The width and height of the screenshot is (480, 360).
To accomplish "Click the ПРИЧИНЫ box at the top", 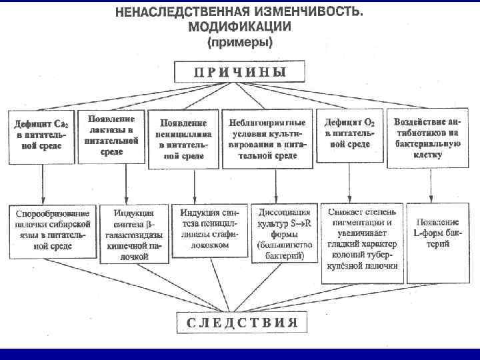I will pyautogui.click(x=240, y=71).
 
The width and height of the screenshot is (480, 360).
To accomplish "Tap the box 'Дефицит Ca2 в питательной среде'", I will pyautogui.click(x=40, y=135).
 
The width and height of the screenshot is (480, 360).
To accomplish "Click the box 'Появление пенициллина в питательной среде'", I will pyautogui.click(x=183, y=138).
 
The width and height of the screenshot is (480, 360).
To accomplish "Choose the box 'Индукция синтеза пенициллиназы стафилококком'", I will pyautogui.click(x=209, y=227).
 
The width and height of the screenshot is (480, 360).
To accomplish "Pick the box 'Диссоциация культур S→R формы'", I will pyautogui.click(x=281, y=231).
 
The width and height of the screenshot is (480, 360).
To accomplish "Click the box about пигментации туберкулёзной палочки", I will pyautogui.click(x=362, y=237).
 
